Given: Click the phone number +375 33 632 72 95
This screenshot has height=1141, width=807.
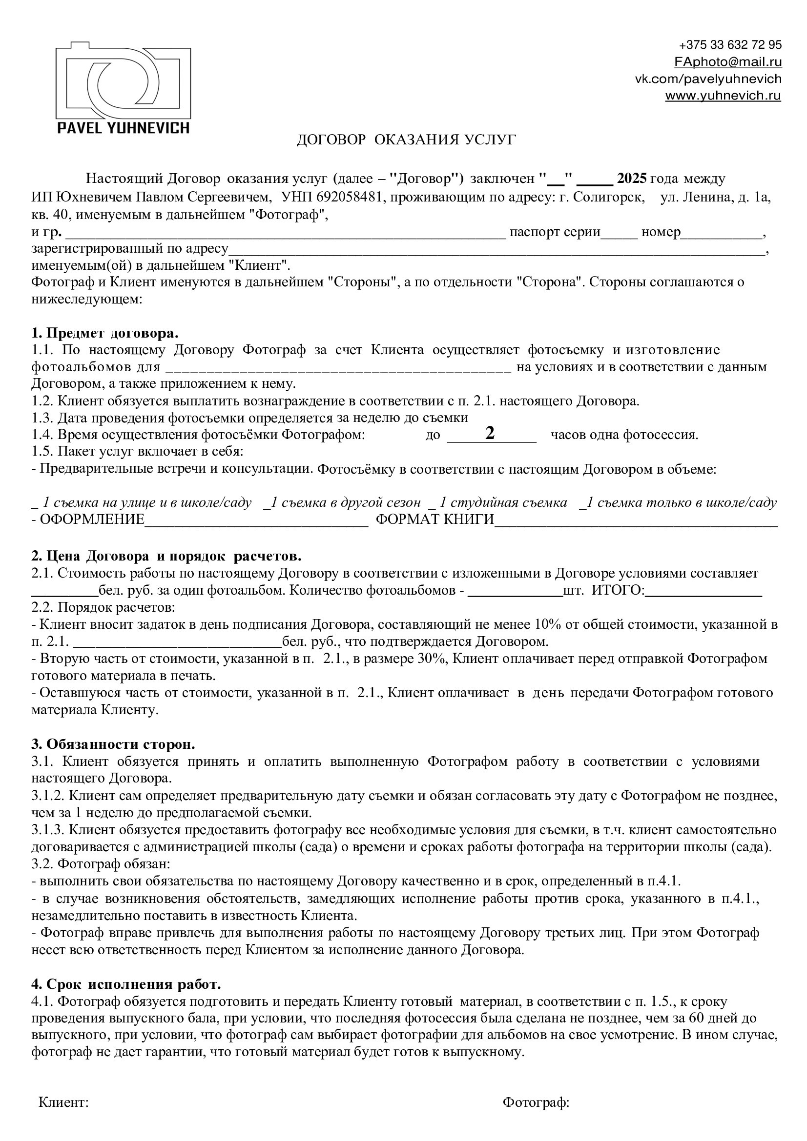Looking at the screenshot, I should (x=729, y=45).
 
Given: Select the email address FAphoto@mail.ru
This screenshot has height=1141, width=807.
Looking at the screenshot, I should (x=727, y=61).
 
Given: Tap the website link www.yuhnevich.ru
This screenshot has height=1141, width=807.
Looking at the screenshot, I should (x=723, y=96).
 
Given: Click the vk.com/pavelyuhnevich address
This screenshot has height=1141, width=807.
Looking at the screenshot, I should (x=707, y=79).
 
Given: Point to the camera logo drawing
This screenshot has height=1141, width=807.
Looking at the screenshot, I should (x=123, y=80).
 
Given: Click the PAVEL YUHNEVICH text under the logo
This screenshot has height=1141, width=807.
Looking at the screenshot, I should (x=123, y=128).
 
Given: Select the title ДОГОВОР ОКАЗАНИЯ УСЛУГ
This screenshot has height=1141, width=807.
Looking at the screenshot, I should (x=406, y=140).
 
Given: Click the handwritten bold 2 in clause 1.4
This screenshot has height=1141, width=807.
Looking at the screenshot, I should (x=490, y=433).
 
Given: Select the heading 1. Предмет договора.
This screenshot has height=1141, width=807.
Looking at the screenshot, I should (x=105, y=333).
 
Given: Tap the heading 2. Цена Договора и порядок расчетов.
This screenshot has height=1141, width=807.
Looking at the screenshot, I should (x=166, y=556).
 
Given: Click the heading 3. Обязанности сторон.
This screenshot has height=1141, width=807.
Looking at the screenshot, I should (x=113, y=744).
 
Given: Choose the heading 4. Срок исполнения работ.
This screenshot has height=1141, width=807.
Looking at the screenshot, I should (x=126, y=983).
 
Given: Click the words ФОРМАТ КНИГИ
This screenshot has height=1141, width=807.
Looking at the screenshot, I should (x=435, y=520).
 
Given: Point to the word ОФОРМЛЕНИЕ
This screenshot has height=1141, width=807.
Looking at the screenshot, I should (x=91, y=520).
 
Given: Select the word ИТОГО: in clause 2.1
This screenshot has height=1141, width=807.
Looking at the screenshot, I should (x=618, y=590).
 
